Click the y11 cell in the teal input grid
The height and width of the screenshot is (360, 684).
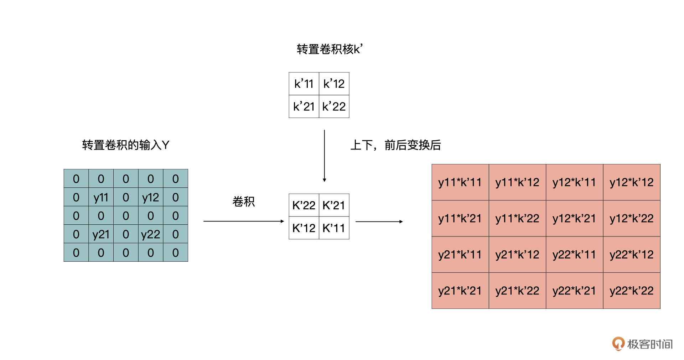coord(101,197)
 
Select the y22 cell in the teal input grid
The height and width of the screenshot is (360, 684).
coord(151,234)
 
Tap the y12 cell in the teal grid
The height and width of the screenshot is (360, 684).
coord(151,197)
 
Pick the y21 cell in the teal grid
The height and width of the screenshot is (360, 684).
coord(101,234)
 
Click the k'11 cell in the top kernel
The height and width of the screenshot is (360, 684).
coord(304,84)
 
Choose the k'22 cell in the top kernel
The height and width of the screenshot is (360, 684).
coord(334,106)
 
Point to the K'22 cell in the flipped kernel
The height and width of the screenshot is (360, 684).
coord(304,205)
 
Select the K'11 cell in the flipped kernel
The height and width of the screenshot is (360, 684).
coord(334,228)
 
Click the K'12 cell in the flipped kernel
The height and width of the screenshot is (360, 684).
coord(304,228)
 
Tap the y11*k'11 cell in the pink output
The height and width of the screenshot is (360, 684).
coord(460,182)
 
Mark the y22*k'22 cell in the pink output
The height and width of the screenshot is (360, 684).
coord(632,291)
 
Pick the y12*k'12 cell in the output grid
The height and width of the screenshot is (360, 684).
coord(632,182)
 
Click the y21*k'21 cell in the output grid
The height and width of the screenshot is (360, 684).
coord(460,291)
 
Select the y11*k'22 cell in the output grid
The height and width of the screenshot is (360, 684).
coord(517,218)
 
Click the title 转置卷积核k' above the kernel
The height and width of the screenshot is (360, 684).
coord(330,49)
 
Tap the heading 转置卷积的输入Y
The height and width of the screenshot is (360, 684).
coord(125,145)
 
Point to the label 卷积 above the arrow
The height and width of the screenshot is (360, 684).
coord(244,202)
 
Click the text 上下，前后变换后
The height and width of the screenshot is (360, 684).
coord(395,145)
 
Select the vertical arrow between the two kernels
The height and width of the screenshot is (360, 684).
coord(324,156)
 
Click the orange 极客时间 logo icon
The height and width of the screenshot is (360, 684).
coord(618,344)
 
